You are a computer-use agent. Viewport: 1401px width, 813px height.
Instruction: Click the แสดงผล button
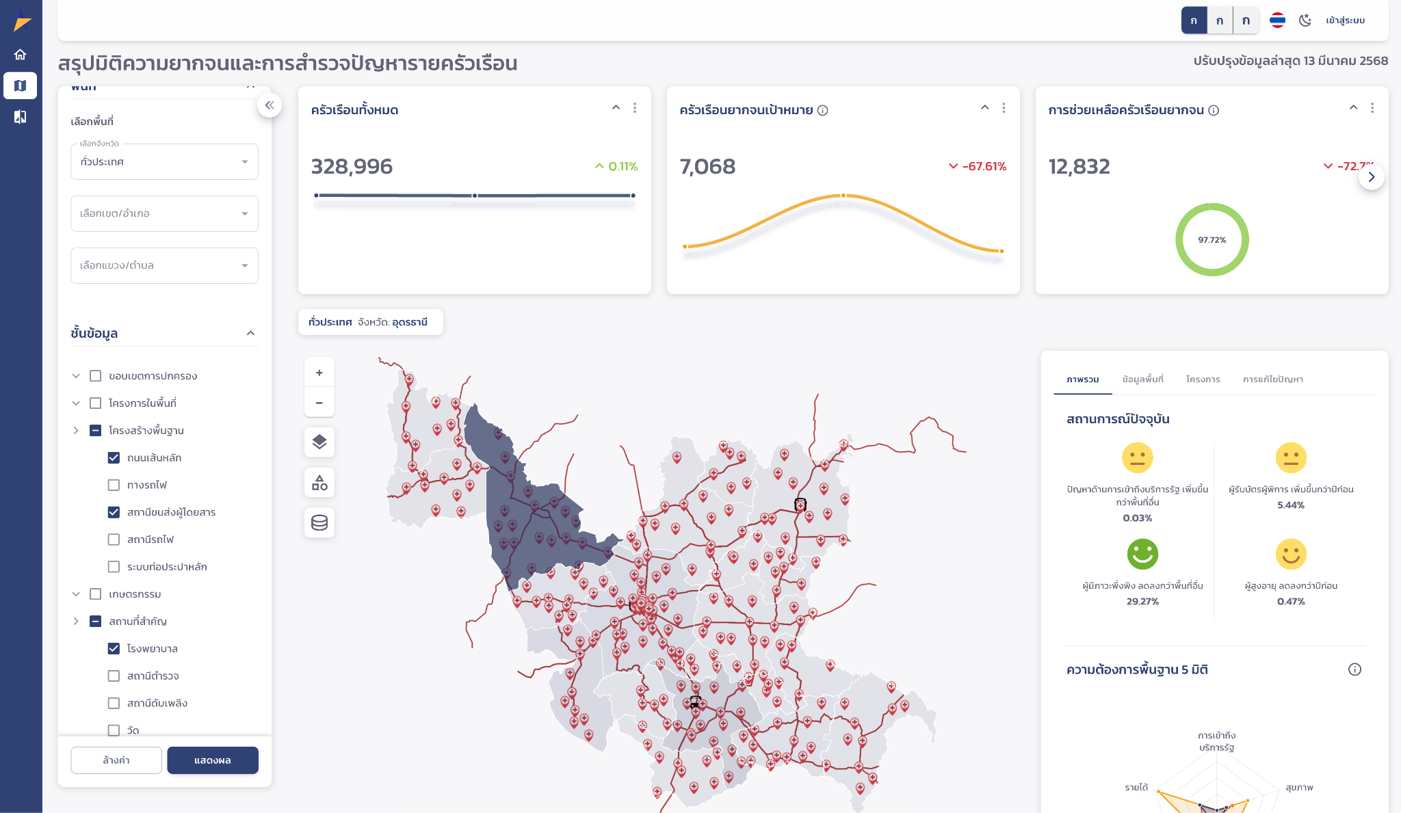(x=212, y=760)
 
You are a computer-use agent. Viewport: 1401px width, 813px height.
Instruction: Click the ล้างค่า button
(x=116, y=760)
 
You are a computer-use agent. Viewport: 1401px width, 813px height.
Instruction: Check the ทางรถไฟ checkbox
(x=114, y=485)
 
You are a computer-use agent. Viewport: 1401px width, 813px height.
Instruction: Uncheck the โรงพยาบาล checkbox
(x=114, y=648)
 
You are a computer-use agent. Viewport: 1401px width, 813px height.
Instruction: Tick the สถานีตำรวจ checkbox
(x=114, y=676)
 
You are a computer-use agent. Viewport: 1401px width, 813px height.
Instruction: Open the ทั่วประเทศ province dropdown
(x=164, y=162)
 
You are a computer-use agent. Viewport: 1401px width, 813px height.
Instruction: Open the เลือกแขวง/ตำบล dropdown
(x=164, y=265)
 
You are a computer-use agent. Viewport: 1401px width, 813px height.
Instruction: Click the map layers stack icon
(x=319, y=442)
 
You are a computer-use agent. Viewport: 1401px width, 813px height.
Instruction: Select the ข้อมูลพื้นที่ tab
(x=1142, y=379)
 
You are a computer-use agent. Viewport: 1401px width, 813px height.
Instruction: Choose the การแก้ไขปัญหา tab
(x=1272, y=379)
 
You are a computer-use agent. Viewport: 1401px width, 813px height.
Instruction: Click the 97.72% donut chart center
(x=1212, y=240)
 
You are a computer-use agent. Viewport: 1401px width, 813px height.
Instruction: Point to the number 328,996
(x=352, y=166)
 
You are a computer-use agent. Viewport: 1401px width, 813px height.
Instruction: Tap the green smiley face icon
(x=1142, y=554)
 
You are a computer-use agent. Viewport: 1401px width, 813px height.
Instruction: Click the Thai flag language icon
(x=1277, y=21)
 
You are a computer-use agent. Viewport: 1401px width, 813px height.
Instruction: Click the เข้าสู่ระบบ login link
(x=1345, y=21)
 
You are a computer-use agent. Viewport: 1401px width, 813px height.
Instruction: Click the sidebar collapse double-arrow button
(x=270, y=105)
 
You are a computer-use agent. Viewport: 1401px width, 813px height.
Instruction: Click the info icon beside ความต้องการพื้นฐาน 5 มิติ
(x=1354, y=669)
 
